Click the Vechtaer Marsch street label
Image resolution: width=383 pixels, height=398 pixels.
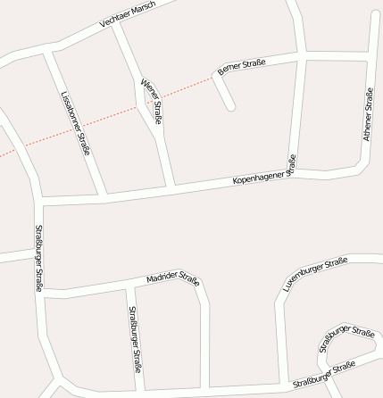(x=128, y=14)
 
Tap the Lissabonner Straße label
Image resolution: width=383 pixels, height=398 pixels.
(x=75, y=122)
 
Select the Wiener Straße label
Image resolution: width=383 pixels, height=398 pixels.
(x=151, y=101)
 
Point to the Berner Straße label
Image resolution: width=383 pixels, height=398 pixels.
(x=241, y=65)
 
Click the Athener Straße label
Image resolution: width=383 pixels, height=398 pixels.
(x=367, y=113)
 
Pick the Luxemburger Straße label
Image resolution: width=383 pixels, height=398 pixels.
(x=314, y=274)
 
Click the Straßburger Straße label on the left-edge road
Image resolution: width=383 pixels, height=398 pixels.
(x=38, y=258)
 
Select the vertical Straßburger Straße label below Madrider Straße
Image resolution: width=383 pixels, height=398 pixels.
(x=134, y=339)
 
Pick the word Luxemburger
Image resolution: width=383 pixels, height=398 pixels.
(x=304, y=278)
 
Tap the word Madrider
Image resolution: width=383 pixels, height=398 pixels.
(x=164, y=279)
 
